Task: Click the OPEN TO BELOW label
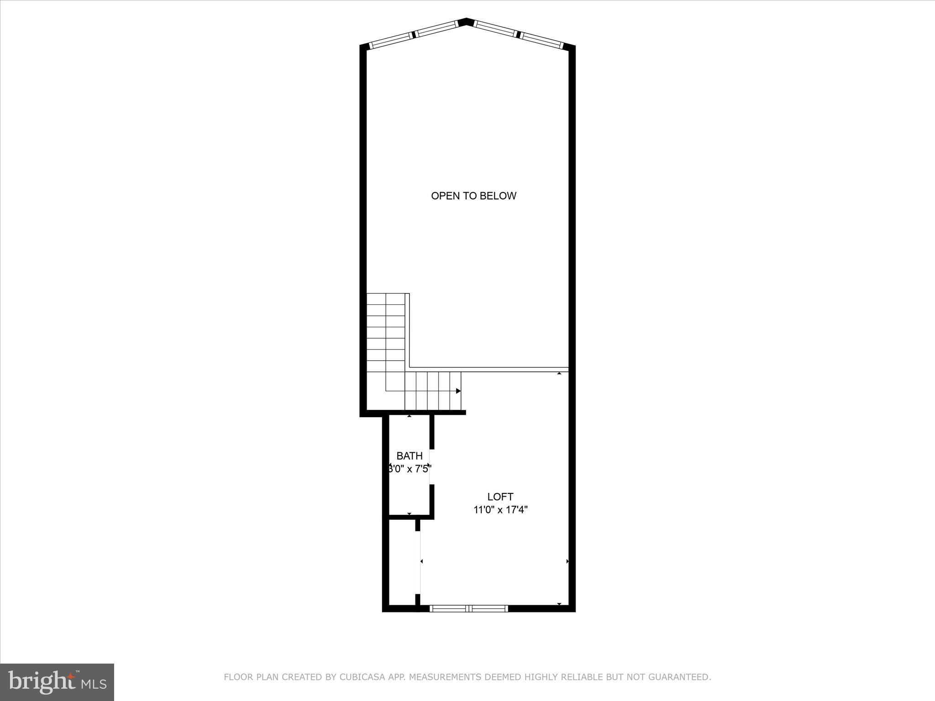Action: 473,196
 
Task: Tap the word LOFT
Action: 500,497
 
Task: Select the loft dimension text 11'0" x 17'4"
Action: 500,510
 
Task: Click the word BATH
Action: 410,456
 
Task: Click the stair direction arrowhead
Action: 458,391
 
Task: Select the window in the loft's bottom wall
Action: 469,608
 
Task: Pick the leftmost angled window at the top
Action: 390,40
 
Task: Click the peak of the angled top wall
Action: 466,21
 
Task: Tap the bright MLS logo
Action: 57,682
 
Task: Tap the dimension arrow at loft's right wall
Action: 567,561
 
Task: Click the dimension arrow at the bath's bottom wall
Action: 409,514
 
